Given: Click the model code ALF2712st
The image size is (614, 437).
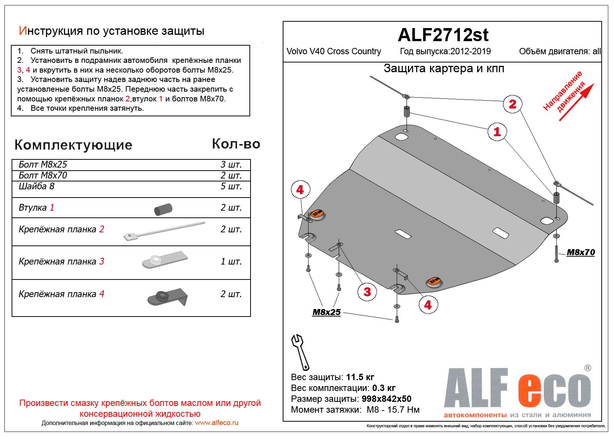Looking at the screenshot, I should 443,35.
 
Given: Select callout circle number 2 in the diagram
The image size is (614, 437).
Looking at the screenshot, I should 512,104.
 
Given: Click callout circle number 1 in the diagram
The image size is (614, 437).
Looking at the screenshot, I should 497,132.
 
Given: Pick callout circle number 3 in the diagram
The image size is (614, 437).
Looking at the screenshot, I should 367,291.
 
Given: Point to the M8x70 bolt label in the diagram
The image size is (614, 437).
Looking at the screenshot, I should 580,253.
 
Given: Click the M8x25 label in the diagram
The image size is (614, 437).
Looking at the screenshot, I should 326,312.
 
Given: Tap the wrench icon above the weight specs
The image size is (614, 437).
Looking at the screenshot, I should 300,352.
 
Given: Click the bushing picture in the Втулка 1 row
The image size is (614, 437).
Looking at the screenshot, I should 163,210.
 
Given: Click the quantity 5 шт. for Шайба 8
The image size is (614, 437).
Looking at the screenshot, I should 231,186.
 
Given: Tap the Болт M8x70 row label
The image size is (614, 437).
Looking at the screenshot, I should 43,175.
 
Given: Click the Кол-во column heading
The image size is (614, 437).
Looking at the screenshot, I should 236,144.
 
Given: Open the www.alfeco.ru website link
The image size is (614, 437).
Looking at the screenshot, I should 217,423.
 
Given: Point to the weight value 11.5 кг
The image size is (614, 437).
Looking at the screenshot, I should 360,377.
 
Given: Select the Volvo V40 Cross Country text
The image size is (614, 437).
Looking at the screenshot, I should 334,52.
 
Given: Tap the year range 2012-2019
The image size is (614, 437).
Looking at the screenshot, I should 470,52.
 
